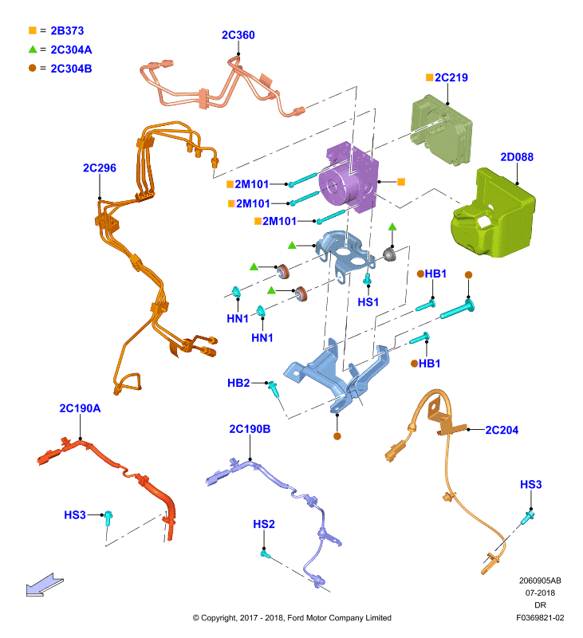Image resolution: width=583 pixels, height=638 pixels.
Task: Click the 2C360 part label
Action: coord(238,35)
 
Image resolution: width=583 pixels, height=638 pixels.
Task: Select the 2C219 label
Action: coord(451,77)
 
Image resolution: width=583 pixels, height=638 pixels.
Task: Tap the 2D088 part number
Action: coord(517,156)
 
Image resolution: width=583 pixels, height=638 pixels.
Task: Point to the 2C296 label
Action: coord(99,167)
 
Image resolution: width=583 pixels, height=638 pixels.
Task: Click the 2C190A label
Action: coord(80,408)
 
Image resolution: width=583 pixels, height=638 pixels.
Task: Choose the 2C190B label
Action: coord(250,429)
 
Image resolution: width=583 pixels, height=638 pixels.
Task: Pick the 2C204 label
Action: coord(502,430)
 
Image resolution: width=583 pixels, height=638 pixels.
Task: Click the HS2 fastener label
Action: coord(264,524)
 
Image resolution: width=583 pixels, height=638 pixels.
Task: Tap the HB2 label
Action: coord(238,383)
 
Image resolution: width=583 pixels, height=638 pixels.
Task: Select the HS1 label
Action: coord(368,302)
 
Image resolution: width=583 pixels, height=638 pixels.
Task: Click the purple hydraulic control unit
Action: coord(349,177)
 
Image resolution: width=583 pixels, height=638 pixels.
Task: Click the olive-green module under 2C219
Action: coord(441,129)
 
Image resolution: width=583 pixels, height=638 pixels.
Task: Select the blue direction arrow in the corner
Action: coord(45,585)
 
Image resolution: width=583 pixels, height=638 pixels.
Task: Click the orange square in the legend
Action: coord(33,30)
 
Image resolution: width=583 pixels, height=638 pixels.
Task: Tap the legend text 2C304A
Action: coord(71,49)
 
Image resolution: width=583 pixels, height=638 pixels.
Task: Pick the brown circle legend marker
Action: coord(33,68)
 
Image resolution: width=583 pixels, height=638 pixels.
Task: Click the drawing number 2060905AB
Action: coord(540,581)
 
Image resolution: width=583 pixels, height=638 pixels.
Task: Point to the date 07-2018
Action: coord(540,593)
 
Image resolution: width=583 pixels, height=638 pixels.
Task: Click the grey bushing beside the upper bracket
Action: coord(390,254)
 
